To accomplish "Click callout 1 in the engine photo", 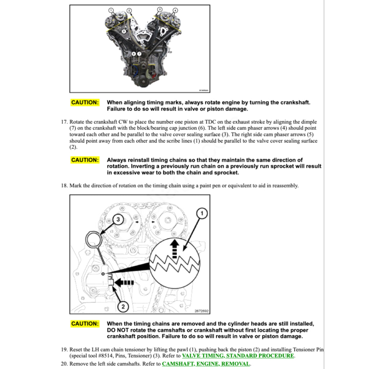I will tap(111, 10).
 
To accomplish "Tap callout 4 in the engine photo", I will tap(175, 10).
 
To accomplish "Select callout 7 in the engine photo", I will tap(139, 54).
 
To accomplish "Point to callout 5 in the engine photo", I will tap(124, 32).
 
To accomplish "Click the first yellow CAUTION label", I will tap(85, 102).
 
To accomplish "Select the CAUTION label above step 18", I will tap(85, 160).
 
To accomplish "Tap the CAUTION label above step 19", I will tap(85, 324).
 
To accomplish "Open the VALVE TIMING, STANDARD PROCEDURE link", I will tap(238, 356).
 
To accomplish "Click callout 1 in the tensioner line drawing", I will tap(202, 214).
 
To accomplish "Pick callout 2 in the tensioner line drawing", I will tap(123, 307).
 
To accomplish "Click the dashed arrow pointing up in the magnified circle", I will tap(174, 248).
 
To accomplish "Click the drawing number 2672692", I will tap(201, 311).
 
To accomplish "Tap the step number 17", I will tap(65, 122).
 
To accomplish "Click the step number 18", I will tap(65, 186).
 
